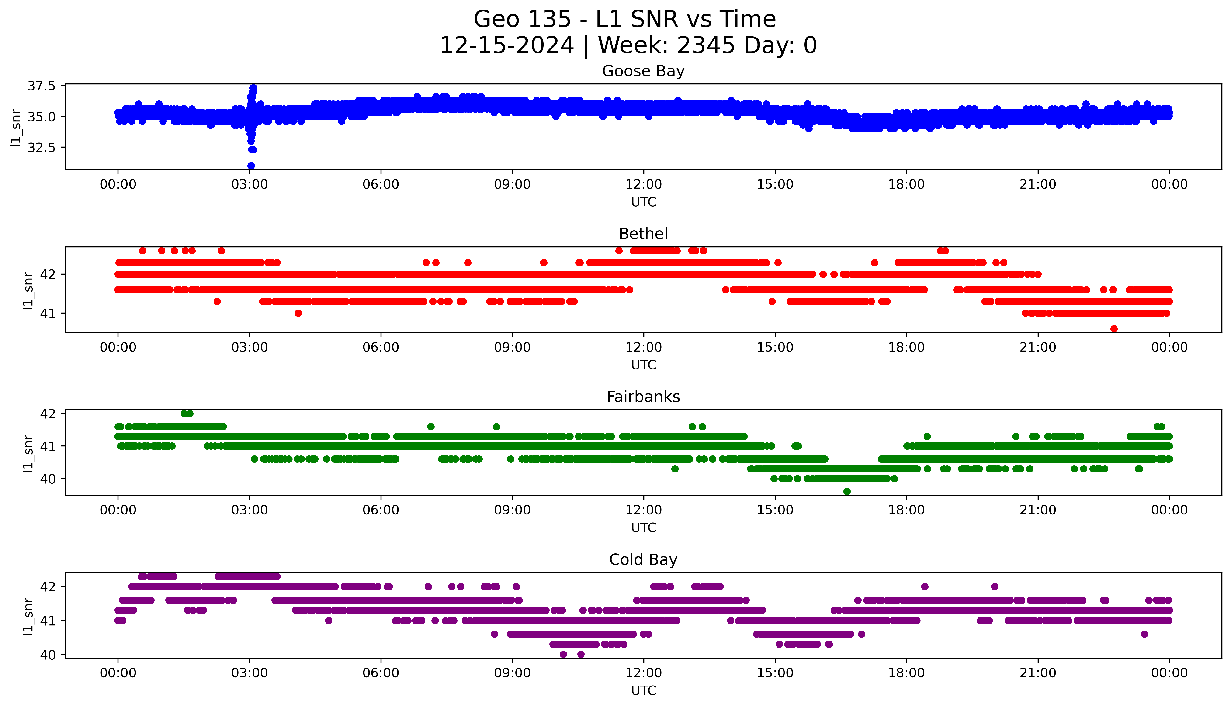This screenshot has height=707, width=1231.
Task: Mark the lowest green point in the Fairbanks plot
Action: (847, 491)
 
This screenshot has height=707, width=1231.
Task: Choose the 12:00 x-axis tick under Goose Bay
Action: (643, 185)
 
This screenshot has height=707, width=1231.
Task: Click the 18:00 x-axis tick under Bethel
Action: (907, 347)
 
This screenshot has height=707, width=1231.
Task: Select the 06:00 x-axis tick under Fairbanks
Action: (381, 510)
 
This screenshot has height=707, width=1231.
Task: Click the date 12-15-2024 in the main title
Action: (507, 46)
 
